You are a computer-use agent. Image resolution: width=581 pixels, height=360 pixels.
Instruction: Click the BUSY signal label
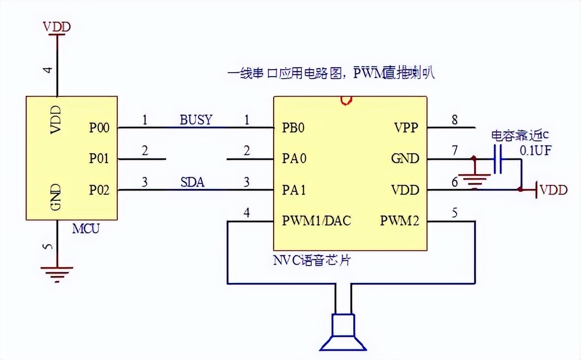pyautogui.click(x=195, y=120)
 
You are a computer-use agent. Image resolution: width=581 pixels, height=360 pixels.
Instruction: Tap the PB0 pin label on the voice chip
pyautogui.click(x=293, y=128)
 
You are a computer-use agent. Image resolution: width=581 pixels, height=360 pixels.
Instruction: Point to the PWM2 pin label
pyautogui.click(x=399, y=221)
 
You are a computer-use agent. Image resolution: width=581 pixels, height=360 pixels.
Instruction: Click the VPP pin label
pyautogui.click(x=407, y=128)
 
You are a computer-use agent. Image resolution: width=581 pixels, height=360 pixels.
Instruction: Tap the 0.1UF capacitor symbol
pyautogui.click(x=498, y=159)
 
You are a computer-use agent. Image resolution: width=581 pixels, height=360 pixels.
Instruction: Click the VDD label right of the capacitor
pyautogui.click(x=553, y=190)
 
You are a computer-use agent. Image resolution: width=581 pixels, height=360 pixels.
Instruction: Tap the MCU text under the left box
pyautogui.click(x=86, y=229)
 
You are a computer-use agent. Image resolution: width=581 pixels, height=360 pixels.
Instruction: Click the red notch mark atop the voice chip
pyautogui.click(x=346, y=100)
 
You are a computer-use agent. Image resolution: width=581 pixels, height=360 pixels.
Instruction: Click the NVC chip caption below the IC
pyautogui.click(x=312, y=260)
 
